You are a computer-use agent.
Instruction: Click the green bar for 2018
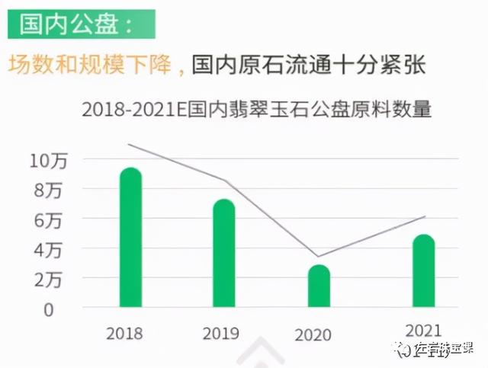131,238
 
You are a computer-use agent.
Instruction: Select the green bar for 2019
224,253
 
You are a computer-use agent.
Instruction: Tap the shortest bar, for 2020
319,286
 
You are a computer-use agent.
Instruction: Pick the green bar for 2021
423,270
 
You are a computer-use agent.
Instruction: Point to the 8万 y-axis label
49,190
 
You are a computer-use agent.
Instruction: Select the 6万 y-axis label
49,220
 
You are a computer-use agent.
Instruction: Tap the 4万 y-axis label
49,250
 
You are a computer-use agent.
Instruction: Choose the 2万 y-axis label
49,280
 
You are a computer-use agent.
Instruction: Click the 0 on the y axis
49,309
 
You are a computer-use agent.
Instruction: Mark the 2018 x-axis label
125,333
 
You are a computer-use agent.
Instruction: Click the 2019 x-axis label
220,334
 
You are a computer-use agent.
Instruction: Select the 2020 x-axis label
313,335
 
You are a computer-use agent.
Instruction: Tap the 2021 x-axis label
422,331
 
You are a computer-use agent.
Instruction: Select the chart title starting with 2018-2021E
256,110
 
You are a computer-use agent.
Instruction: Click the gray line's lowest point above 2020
318,256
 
